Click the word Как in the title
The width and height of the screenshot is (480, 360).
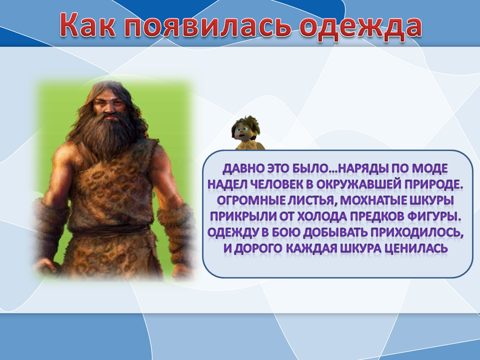tap(88, 25)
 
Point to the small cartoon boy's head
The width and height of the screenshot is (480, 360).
tap(245, 128)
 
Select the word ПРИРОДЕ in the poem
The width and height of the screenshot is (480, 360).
tap(433, 184)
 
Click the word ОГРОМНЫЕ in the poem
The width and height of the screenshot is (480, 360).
tap(248, 200)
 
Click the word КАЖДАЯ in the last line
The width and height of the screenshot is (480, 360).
tap(310, 248)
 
